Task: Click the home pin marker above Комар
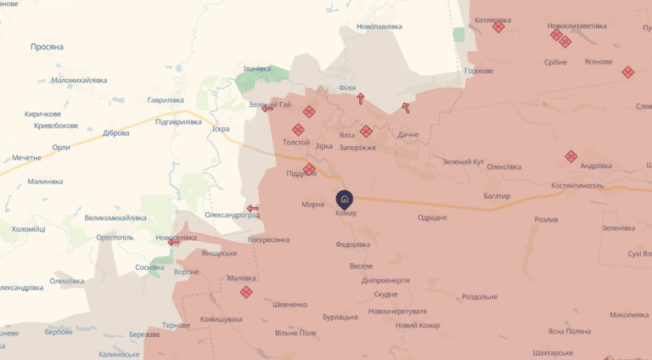point(345,200)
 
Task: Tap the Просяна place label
point(47,47)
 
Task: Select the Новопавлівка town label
point(379,27)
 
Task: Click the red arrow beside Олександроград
point(253,208)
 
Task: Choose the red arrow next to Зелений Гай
point(267,108)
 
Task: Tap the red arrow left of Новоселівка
point(174,242)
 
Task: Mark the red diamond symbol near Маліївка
point(246,292)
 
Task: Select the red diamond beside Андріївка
point(571,156)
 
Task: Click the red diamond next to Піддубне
point(310,169)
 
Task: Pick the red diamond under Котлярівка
point(498,27)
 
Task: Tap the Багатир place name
point(494,196)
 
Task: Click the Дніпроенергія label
point(385,280)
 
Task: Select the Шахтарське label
point(544,352)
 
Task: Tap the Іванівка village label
point(257,69)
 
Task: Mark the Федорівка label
point(352,245)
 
